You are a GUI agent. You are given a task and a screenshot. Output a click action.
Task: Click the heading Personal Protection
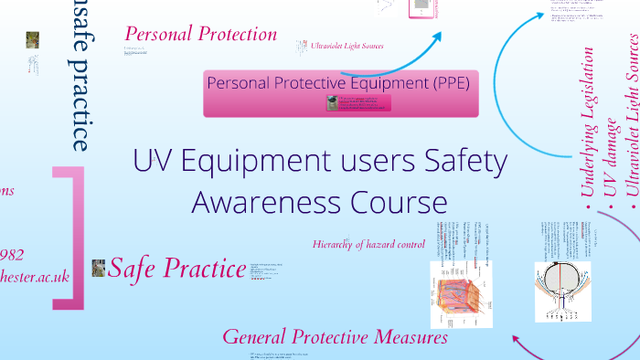[x=200, y=35]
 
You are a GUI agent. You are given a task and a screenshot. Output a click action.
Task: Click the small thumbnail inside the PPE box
[x=333, y=103]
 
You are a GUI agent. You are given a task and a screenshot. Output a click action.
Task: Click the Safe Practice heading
[x=174, y=269]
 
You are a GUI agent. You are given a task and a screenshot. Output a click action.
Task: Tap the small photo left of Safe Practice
[x=99, y=267]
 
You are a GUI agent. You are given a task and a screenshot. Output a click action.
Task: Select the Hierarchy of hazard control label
[x=368, y=244]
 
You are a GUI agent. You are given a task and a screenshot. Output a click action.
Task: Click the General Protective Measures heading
[x=335, y=336]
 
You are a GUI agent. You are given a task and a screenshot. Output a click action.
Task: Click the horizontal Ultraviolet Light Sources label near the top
[x=347, y=46]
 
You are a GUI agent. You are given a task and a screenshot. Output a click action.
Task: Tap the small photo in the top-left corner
[x=33, y=40]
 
